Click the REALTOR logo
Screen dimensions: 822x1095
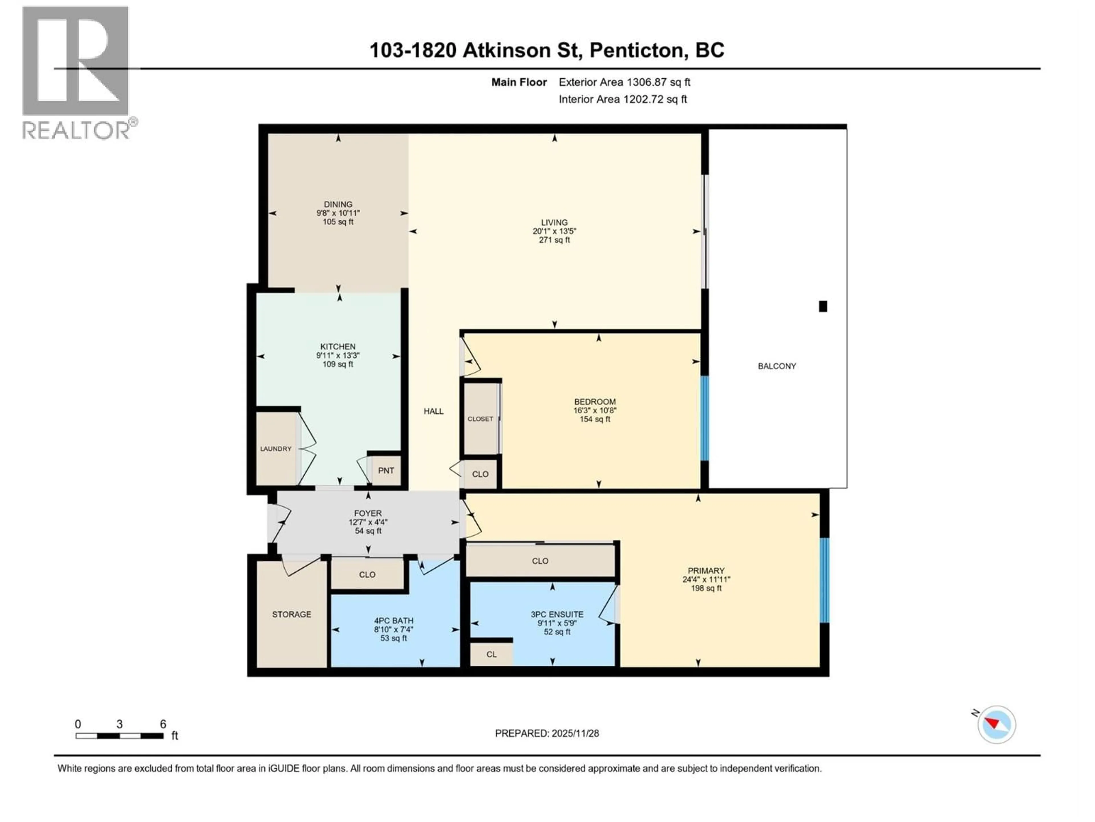click(77, 72)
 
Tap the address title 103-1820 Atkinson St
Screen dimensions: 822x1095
click(547, 51)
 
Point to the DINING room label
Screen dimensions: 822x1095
click(338, 204)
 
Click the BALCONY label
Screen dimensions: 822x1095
click(777, 366)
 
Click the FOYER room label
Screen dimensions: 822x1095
click(368, 513)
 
